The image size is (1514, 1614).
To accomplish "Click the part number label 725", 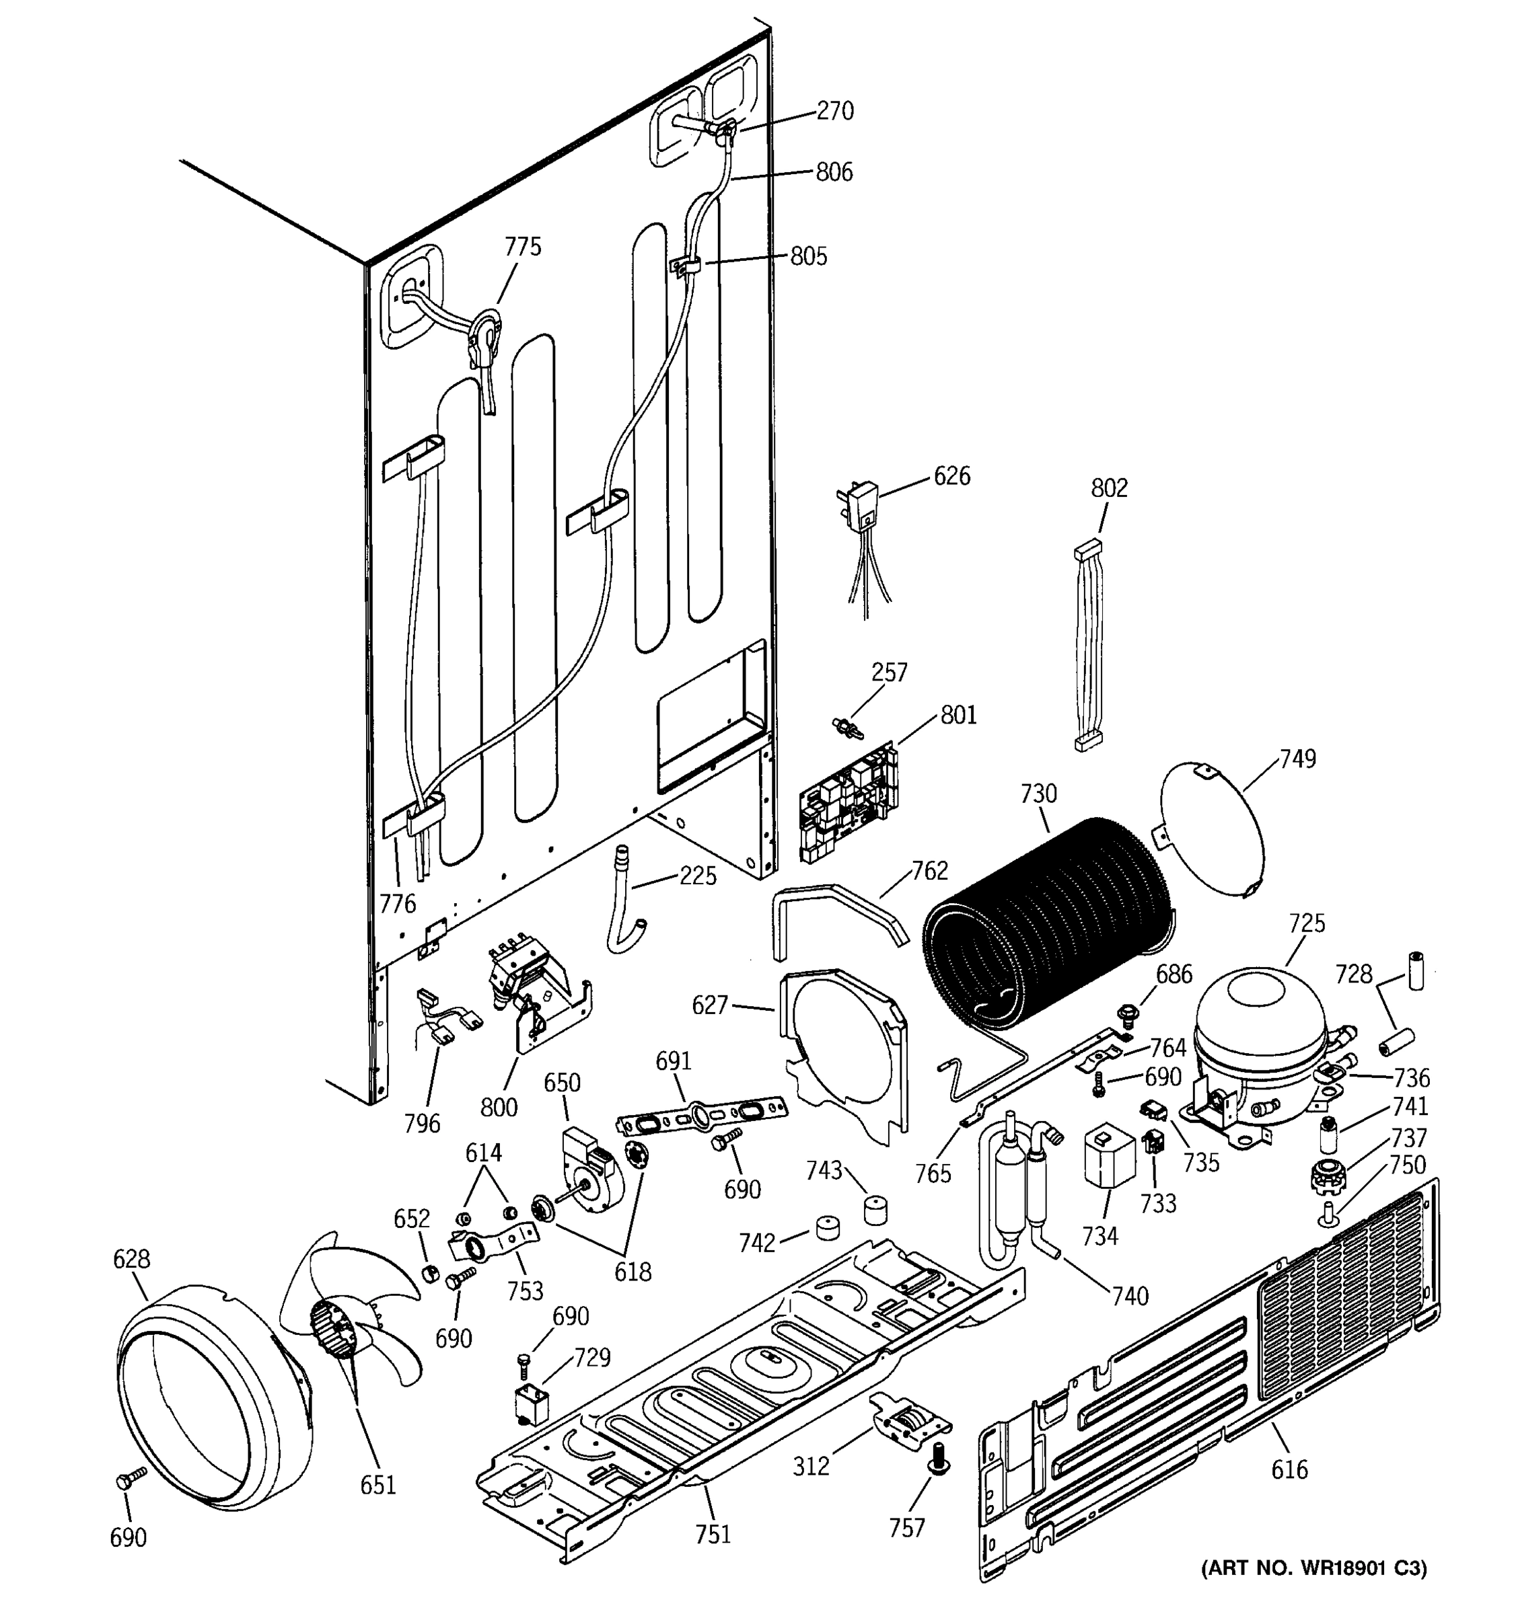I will [1307, 923].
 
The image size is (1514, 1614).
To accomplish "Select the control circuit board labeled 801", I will [849, 804].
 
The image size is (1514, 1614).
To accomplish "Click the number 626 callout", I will [952, 475].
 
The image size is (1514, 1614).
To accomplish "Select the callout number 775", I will [523, 247].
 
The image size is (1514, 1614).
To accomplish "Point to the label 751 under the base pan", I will [713, 1533].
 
